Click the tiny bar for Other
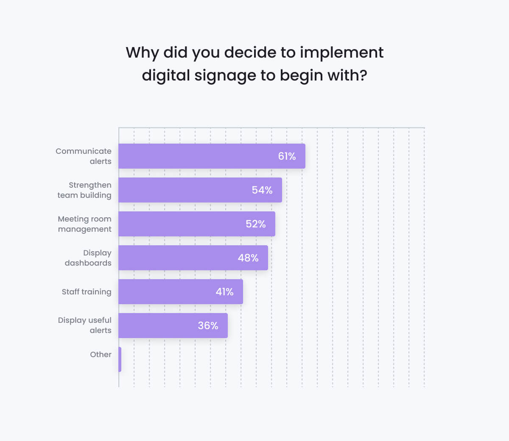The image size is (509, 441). tap(120, 359)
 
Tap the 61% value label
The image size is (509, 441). tap(287, 156)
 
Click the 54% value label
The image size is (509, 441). tap(262, 190)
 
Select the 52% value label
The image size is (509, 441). tap(256, 224)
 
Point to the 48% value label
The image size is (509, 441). tap(248, 258)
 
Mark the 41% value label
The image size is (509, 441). tap(224, 292)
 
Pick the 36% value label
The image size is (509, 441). tap(208, 326)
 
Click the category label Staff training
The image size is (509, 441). tap(87, 292)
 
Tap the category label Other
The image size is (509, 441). tap(101, 355)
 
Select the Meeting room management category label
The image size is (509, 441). tap(85, 224)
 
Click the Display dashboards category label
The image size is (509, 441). tap(88, 258)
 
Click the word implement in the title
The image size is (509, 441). tap(341, 53)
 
